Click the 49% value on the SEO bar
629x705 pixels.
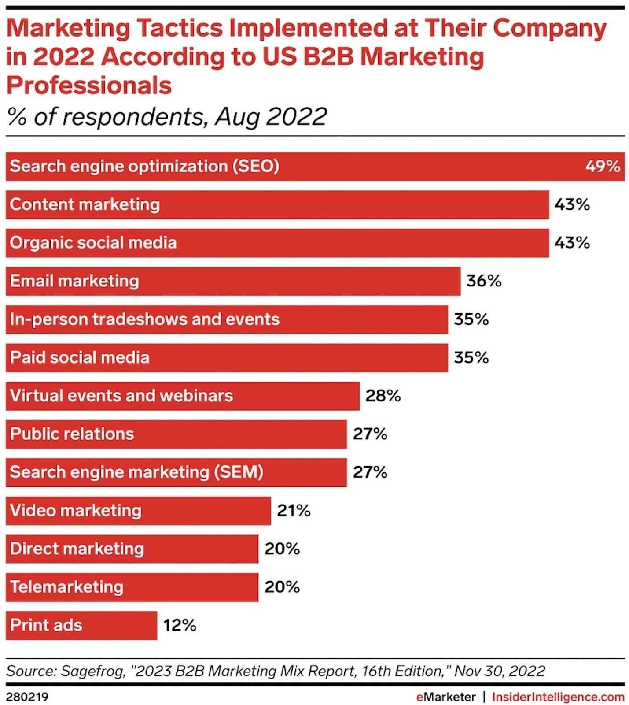point(602,166)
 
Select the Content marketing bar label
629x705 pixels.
point(85,204)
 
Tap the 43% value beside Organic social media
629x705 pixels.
point(572,243)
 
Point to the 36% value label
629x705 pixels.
point(484,281)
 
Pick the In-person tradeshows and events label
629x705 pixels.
point(144,319)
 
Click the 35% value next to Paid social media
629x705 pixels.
point(471,357)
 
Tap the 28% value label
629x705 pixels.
point(383,396)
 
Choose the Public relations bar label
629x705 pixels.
point(72,434)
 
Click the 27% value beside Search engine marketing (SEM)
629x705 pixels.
point(370,472)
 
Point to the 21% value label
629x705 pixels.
point(294,510)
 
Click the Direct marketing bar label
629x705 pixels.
point(77,549)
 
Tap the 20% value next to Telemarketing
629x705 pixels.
point(282,587)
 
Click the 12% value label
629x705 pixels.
point(180,625)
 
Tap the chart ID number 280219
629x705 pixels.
point(27,697)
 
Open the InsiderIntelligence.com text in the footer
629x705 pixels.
point(558,697)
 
